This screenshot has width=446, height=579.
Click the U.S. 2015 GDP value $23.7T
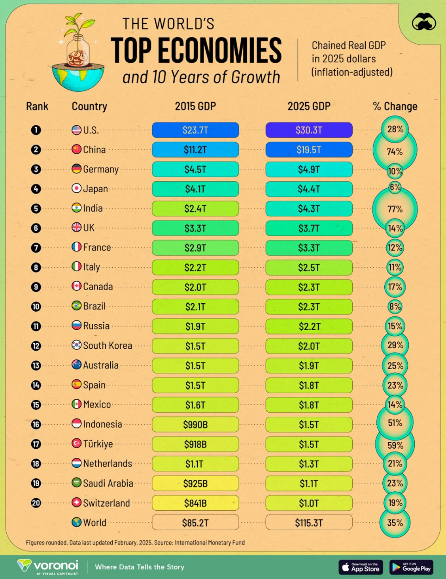point(195,130)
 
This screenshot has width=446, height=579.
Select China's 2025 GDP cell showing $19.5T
point(309,150)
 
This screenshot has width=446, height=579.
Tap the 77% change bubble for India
point(395,209)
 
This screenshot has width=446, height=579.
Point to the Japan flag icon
point(76,188)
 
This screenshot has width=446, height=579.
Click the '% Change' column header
point(395,106)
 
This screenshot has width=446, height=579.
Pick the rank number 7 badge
point(36,248)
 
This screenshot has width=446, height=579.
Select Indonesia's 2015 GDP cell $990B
point(195,425)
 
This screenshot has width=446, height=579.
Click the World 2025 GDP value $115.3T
point(309,523)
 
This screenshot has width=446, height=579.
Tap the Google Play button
point(411,567)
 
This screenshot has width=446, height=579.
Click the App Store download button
point(361,567)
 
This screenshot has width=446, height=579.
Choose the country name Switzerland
point(106,503)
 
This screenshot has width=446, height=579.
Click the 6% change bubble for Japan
point(395,187)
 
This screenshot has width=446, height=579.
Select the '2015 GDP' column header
point(195,106)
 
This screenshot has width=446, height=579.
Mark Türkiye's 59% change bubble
point(395,445)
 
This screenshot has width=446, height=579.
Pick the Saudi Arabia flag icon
point(76,483)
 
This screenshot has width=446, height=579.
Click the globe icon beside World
point(76,522)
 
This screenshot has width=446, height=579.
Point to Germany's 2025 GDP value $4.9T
point(309,169)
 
